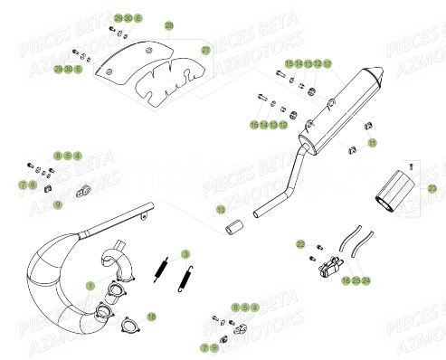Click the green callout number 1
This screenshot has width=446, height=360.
click(x=90, y=285)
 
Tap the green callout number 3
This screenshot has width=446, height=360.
click(x=185, y=254)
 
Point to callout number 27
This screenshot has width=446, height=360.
click(x=205, y=49)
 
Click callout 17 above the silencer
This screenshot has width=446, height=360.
click(x=327, y=64)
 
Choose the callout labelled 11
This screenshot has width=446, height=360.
click(x=371, y=144)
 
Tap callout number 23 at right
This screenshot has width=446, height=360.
click(x=432, y=189)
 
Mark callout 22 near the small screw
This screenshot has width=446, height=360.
click(x=299, y=244)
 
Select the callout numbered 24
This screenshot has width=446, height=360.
click(x=366, y=281)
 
